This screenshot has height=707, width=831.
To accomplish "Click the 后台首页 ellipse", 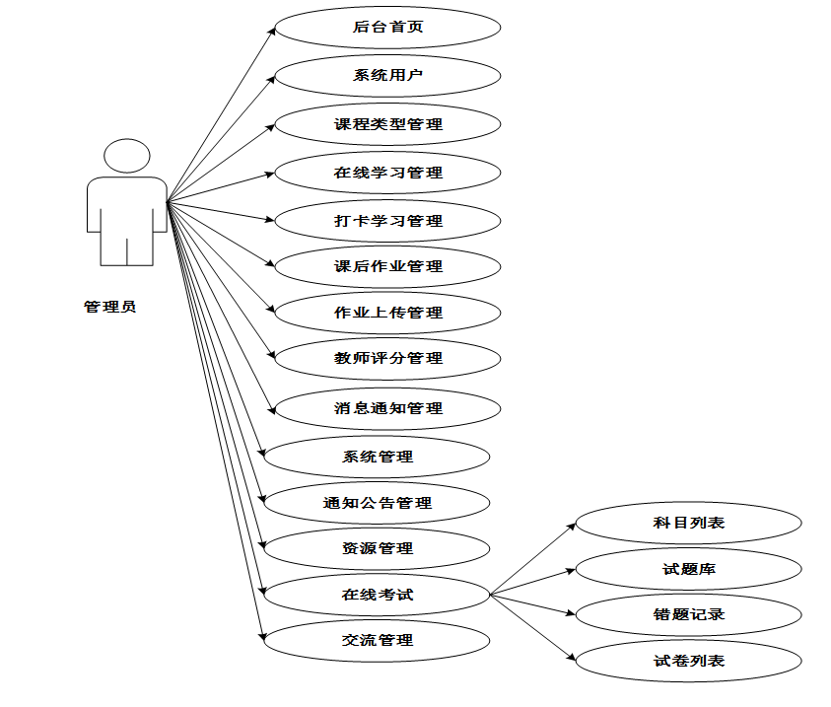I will [387, 27].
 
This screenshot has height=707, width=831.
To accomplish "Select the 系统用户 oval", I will [387, 75].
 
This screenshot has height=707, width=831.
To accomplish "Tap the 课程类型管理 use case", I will [387, 124].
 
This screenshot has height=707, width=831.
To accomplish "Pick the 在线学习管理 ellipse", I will [387, 173].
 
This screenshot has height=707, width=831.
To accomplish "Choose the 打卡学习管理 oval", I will [387, 220].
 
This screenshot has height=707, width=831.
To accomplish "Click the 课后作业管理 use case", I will [387, 266].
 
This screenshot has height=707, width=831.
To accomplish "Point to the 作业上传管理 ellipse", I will [387, 313].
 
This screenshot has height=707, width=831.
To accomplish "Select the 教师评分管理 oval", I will [387, 358].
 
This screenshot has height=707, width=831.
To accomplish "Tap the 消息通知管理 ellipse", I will [387, 407].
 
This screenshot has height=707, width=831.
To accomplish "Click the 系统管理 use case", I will [377, 457].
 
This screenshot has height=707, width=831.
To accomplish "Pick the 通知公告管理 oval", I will [377, 503].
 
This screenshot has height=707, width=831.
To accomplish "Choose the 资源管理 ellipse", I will [377, 548].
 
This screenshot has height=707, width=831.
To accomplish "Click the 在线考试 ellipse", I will [377, 595].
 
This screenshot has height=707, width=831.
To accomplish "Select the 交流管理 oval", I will [377, 640].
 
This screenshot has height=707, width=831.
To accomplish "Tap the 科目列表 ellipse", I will [688, 523].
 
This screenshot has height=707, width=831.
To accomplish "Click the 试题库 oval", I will [688, 569].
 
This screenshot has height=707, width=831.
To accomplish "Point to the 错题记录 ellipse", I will [688, 614].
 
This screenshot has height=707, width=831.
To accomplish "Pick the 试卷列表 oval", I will [688, 661].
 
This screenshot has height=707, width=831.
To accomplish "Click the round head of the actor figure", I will [127, 157].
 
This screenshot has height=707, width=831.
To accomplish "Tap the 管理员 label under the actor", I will [109, 307].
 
